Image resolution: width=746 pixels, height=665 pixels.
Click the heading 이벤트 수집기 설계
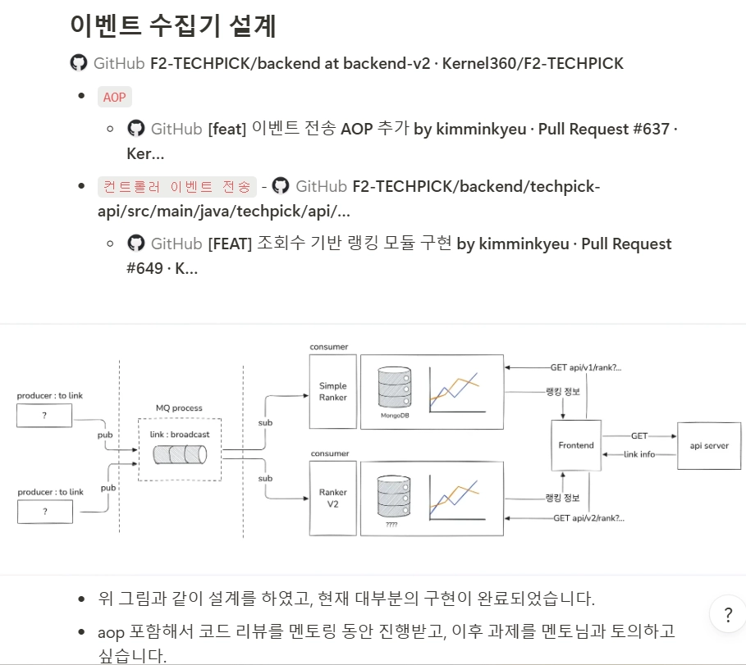coord(173,25)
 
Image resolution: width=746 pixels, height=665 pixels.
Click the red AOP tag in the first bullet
coord(114,97)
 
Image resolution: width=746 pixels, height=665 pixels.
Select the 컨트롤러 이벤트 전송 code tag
coord(176,187)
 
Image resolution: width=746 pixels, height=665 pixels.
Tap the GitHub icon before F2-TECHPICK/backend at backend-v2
coord(78,63)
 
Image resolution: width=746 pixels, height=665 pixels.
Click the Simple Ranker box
coord(332,391)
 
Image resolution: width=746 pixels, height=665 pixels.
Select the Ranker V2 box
coord(332,498)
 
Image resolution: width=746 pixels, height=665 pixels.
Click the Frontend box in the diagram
coord(576,445)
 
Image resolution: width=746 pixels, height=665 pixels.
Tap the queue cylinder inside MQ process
coord(180,454)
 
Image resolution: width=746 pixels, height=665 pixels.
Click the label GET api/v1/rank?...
coord(586,368)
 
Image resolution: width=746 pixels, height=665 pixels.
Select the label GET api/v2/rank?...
coord(588,518)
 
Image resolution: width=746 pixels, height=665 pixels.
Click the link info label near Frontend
coord(639,454)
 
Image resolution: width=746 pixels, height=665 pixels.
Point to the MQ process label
coord(179,408)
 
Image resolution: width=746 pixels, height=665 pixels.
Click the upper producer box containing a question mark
coord(44,417)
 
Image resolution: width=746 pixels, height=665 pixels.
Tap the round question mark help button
coord(727,614)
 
